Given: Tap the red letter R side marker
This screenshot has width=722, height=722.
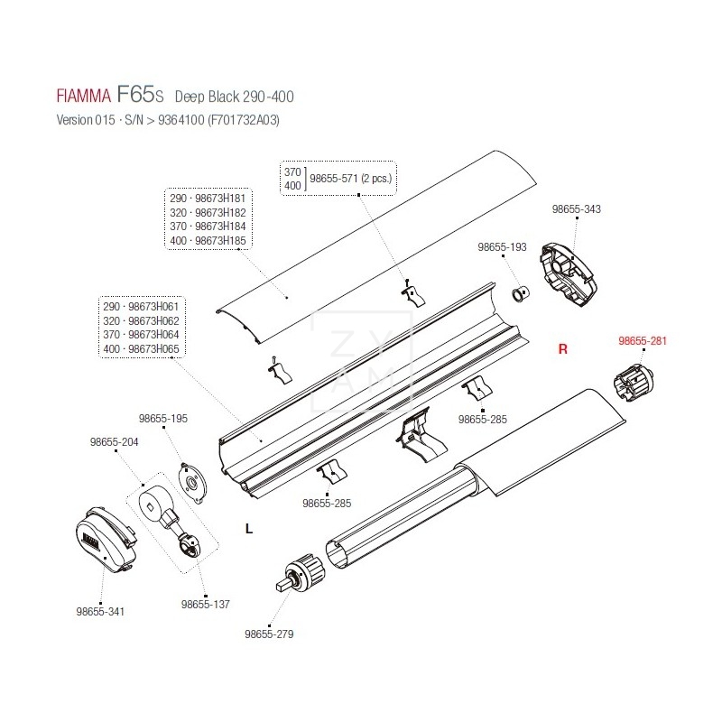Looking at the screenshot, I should (561, 350).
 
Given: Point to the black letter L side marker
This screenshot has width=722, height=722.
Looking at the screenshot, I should (249, 530).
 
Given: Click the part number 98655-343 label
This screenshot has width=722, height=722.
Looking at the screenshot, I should (576, 209).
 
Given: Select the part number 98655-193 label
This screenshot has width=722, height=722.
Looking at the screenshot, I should (502, 247).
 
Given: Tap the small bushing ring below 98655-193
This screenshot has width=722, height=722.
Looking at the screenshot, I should (521, 293).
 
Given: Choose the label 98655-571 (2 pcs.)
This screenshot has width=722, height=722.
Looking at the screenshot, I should (352, 179).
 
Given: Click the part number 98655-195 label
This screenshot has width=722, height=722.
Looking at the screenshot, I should (163, 419).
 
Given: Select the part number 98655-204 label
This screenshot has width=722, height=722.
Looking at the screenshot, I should (115, 442).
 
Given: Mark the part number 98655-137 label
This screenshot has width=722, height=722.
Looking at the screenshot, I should (206, 604).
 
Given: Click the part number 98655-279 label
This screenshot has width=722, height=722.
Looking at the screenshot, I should (269, 634).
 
